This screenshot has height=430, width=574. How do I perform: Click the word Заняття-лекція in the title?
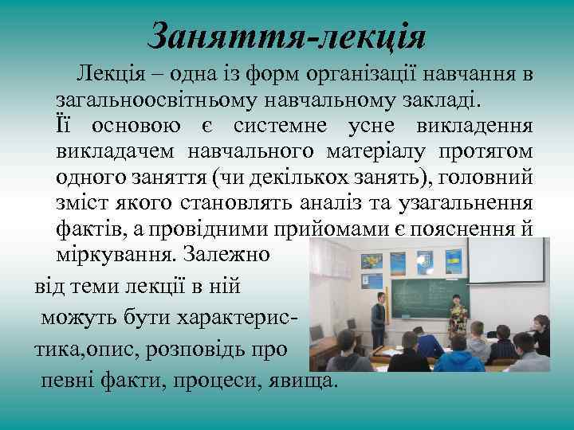tap(287, 37)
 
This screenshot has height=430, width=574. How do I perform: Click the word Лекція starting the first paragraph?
tap(100, 76)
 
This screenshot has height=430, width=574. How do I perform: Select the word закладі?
tap(442, 102)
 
